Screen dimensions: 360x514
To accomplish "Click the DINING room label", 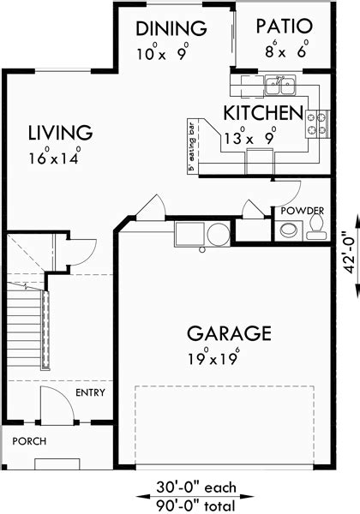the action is pyautogui.click(x=171, y=28).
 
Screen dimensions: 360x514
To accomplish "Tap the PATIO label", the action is pyautogui.click(x=284, y=27).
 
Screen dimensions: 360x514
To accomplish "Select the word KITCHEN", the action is pyautogui.click(x=263, y=113).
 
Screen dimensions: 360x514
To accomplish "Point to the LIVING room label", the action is pyautogui.click(x=60, y=133).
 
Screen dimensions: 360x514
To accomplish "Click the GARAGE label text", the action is pyautogui.click(x=229, y=333).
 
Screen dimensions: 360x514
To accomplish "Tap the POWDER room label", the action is pyautogui.click(x=303, y=211).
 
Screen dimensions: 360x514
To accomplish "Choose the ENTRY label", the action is pyautogui.click(x=90, y=392).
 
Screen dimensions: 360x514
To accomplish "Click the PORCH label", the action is pyautogui.click(x=29, y=441).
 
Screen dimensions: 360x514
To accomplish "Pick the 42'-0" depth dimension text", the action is pyautogui.click(x=351, y=253).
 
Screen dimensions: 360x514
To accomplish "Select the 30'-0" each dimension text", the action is pyautogui.click(x=195, y=487).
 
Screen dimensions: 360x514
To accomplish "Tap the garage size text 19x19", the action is pyautogui.click(x=213, y=357).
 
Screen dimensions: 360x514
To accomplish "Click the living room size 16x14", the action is pyautogui.click(x=55, y=157).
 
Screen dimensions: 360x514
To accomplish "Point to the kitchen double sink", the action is pyautogui.click(x=280, y=85).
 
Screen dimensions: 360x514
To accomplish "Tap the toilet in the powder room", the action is pyautogui.click(x=317, y=228).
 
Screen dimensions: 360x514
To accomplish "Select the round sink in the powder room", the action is pyautogui.click(x=289, y=230).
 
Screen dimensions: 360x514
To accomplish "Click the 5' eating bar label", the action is pyautogui.click(x=192, y=147).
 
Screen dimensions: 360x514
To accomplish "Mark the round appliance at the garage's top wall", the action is pyautogui.click(x=219, y=234).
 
